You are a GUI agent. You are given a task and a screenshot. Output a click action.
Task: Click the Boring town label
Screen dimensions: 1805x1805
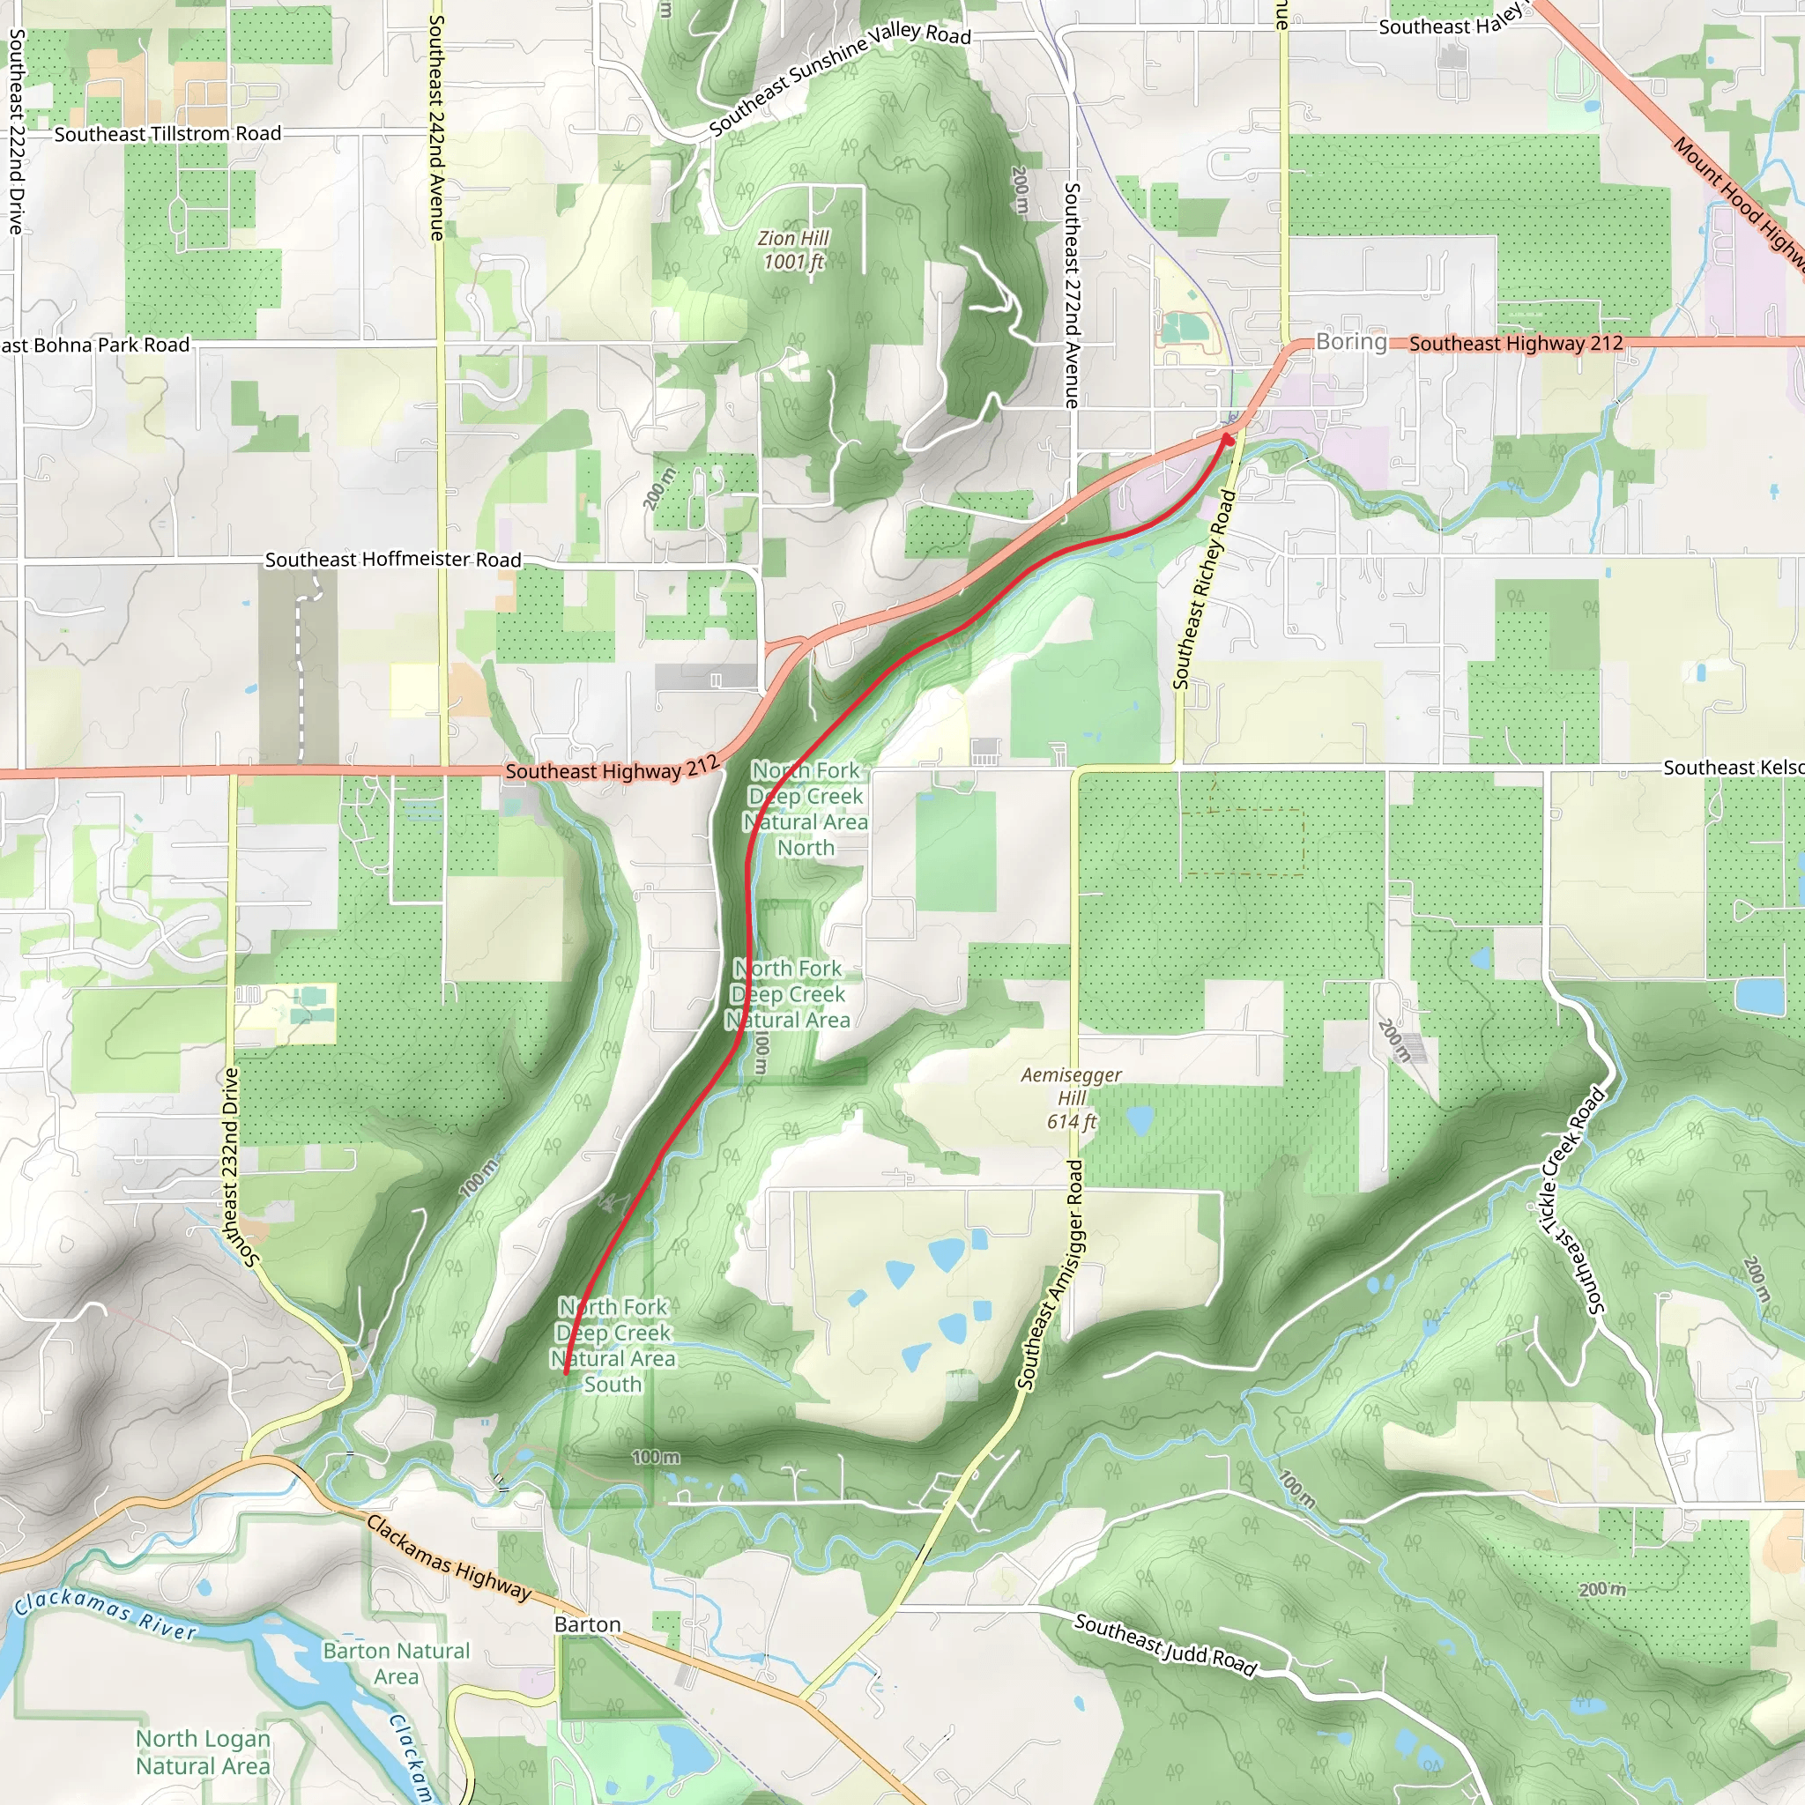click(1351, 342)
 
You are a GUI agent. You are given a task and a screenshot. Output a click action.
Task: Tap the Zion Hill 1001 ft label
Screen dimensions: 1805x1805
click(793, 250)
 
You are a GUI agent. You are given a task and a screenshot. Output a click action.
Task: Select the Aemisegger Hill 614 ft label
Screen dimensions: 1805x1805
click(1071, 1098)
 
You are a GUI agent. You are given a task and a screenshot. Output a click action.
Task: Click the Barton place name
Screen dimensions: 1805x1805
click(587, 1623)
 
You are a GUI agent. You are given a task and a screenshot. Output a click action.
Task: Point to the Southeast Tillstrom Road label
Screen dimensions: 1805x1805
click(167, 134)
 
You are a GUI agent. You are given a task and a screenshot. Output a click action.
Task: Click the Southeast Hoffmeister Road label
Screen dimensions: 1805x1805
click(392, 560)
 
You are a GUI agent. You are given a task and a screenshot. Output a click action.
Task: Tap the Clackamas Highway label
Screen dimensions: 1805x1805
click(449, 1557)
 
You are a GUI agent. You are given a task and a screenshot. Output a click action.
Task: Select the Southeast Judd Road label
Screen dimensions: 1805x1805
click(1165, 1645)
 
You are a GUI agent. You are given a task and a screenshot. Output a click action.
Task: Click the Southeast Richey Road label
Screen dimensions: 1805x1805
click(1204, 591)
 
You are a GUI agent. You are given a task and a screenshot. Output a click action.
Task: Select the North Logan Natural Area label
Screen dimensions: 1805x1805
click(203, 1752)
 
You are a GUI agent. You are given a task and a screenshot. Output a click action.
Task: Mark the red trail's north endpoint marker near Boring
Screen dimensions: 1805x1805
click(1228, 437)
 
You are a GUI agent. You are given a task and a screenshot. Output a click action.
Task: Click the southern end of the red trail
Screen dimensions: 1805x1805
click(567, 1372)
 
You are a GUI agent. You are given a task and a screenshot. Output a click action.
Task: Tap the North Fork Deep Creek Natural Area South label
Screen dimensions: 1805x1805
click(613, 1345)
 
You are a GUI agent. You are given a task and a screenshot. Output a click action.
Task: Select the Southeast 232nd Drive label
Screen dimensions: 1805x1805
click(231, 1168)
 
